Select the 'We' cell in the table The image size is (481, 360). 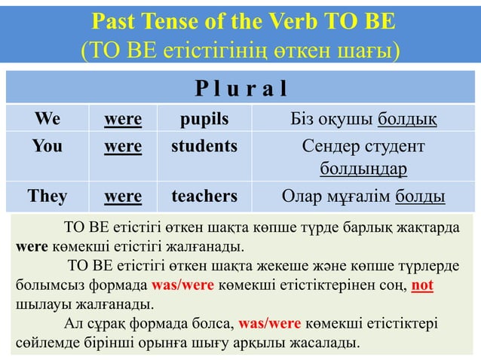[x=47, y=119]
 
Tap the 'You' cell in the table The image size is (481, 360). [x=47, y=145]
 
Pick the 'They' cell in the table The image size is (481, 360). [x=47, y=197]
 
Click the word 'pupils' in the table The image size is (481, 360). [x=204, y=119]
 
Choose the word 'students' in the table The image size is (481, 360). [x=204, y=145]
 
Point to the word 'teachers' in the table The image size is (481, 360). [x=204, y=197]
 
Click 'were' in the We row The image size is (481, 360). [x=123, y=119]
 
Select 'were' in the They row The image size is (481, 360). [x=123, y=197]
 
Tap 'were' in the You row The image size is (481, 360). [x=123, y=145]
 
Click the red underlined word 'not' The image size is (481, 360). [x=423, y=286]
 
